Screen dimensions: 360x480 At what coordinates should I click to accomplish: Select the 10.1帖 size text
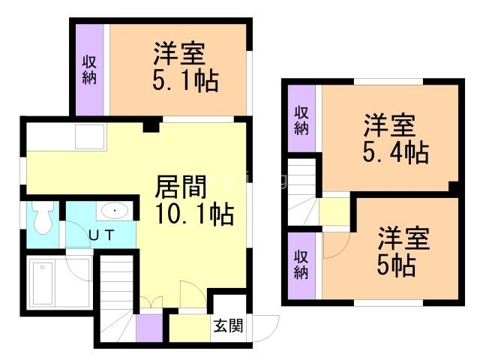[194, 215]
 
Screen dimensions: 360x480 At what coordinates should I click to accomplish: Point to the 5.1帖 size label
[185, 80]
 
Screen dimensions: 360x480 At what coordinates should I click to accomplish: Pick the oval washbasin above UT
[114, 211]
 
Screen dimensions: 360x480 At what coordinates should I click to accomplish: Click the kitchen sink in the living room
[90, 137]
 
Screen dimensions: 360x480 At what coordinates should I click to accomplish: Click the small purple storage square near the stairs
[148, 328]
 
